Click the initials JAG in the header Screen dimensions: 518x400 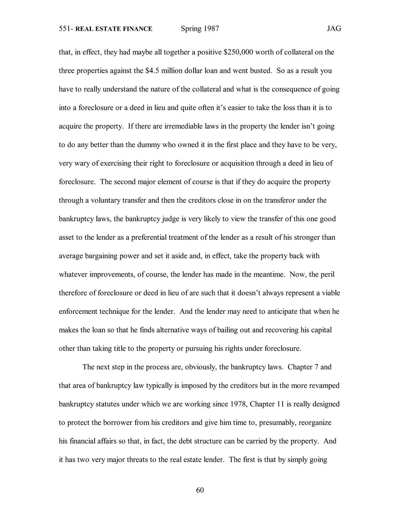pos(334,29)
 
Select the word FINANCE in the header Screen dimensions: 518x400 pos(138,29)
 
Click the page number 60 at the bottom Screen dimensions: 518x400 pos(200,490)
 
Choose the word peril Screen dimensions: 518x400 pos(327,274)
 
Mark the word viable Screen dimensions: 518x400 pos(330,293)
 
